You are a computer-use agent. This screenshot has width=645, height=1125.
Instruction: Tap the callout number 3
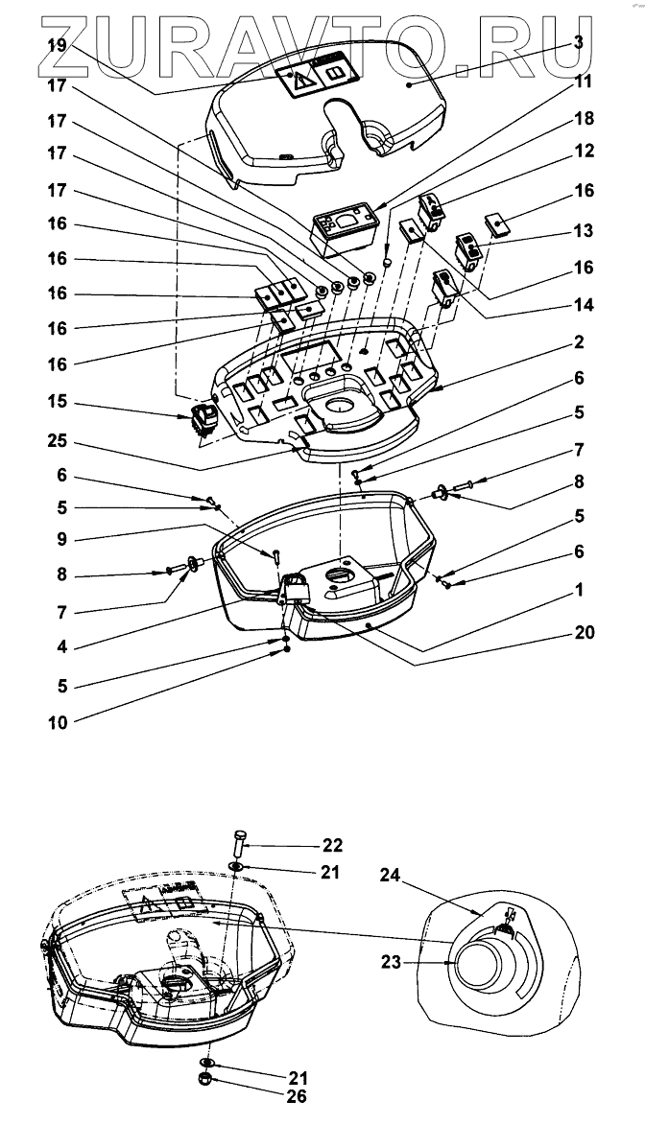(x=578, y=41)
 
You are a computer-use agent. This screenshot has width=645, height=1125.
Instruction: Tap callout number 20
(x=584, y=633)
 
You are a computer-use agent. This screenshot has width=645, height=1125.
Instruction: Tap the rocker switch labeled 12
(x=435, y=210)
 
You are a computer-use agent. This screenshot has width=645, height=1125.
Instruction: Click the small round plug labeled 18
(x=386, y=264)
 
